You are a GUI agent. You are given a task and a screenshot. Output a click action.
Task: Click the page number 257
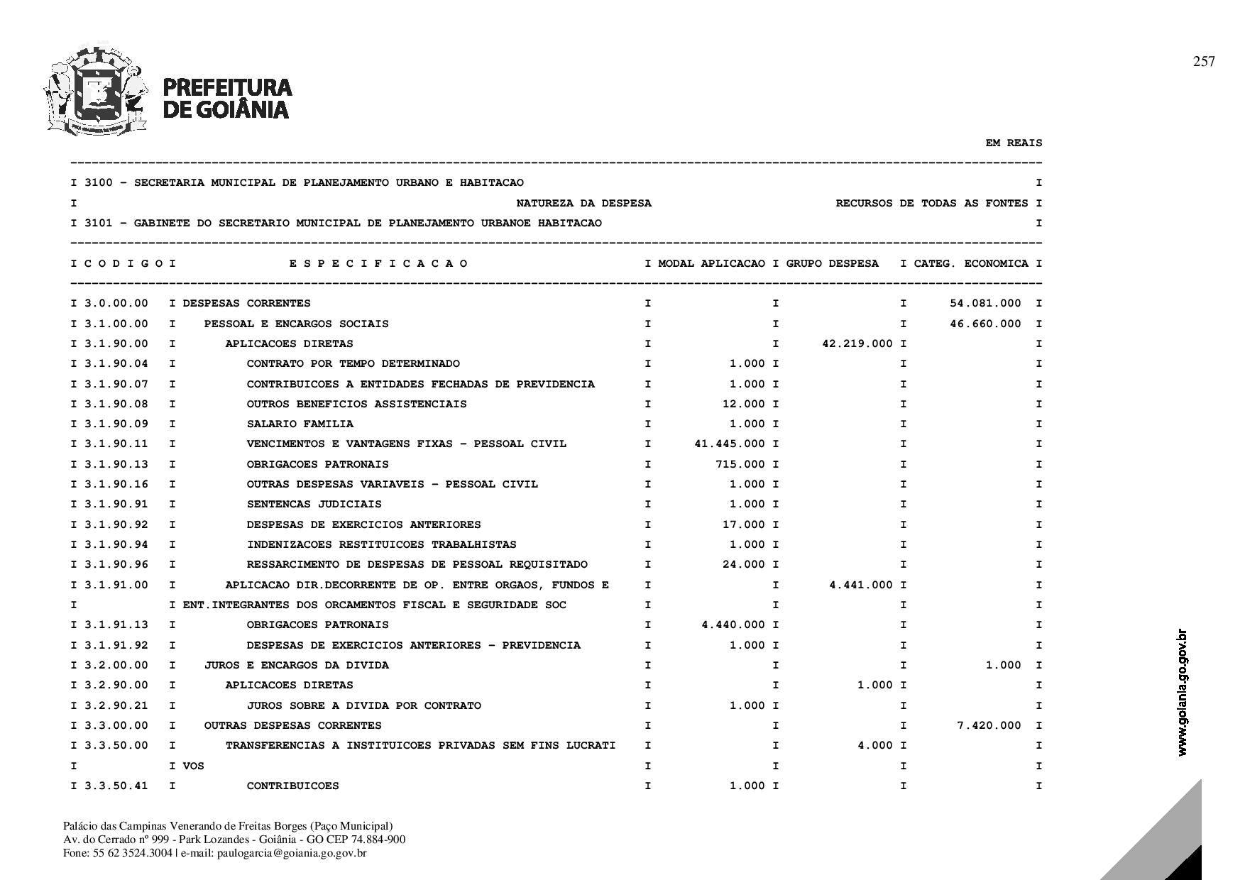point(1204,62)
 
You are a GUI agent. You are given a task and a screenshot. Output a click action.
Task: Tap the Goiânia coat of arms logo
point(96,91)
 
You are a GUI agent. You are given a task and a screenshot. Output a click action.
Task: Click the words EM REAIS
point(1014,143)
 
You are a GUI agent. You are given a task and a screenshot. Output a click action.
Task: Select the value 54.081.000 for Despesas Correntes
point(985,303)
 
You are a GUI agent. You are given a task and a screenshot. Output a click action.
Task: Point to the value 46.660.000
point(985,324)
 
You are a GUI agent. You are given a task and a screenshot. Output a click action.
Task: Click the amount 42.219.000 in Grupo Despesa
point(857,343)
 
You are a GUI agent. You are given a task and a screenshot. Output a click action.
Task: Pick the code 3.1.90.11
point(116,444)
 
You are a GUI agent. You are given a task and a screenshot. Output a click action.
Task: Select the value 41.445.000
point(730,444)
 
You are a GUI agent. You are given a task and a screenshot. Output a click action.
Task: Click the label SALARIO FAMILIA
point(300,424)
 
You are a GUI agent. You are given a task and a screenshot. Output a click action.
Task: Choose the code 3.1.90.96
point(116,564)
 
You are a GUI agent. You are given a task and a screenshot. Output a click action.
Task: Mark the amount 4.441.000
point(861,585)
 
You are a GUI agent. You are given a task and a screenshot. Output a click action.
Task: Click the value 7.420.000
point(989,725)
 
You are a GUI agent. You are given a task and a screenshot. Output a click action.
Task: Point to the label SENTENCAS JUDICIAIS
point(314,504)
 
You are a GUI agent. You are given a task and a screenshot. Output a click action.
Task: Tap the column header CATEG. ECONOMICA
point(971,263)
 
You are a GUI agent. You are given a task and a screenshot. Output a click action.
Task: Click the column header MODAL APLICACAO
point(712,263)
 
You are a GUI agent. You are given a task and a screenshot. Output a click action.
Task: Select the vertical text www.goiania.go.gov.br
point(1182,692)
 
